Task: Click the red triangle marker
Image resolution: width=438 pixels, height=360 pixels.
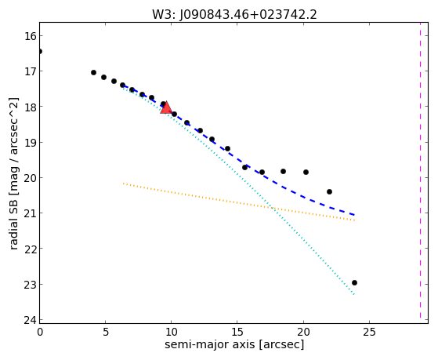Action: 166,107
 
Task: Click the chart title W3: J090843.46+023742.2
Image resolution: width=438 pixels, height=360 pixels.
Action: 234,15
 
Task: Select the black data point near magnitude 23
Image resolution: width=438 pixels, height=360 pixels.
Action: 354,283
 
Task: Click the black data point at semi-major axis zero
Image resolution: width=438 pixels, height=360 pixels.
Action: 40,51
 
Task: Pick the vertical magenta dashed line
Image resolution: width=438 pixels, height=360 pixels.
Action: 420,170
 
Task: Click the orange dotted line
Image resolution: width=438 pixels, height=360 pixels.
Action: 239,202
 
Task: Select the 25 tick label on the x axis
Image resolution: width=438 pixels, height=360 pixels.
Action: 369,333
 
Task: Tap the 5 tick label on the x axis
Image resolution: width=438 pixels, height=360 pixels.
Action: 105,333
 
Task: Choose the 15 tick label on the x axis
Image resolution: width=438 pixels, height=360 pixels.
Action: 237,333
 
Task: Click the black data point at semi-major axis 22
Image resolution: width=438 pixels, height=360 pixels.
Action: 330,191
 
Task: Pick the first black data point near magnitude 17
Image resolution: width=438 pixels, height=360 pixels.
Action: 93,72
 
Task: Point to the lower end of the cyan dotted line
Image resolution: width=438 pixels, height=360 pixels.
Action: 354,295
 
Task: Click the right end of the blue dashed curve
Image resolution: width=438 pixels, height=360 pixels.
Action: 354,215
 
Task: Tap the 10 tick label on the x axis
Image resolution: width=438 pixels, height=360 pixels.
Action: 172,333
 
